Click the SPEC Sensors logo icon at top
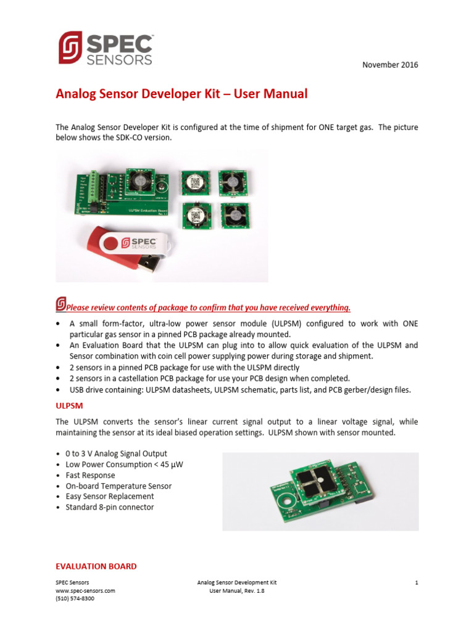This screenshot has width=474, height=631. click(x=70, y=47)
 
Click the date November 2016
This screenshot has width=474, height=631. click(x=390, y=65)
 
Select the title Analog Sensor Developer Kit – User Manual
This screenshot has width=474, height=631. click(x=181, y=94)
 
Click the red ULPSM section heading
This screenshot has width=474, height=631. click(x=69, y=406)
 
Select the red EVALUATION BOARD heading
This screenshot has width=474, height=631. click(x=96, y=566)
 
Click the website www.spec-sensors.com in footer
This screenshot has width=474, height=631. click(x=85, y=590)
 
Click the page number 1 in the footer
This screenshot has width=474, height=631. click(x=417, y=582)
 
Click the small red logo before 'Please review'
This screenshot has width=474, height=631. click(x=60, y=304)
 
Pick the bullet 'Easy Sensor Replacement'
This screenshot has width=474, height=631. click(x=110, y=497)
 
